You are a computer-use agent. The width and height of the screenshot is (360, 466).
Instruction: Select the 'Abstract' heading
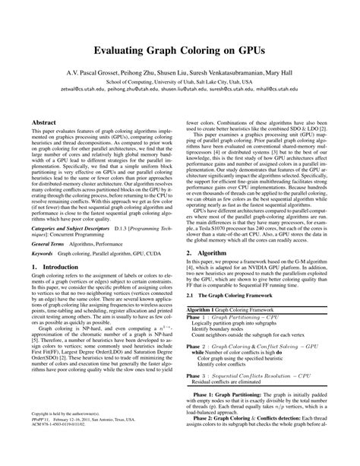point(47,121)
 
